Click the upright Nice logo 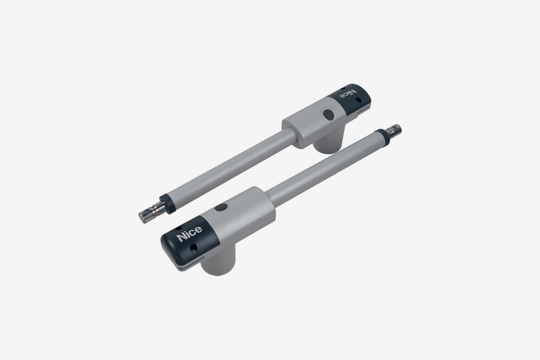click(189, 233)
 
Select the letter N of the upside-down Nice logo click(352, 92)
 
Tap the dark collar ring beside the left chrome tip click(167, 204)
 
